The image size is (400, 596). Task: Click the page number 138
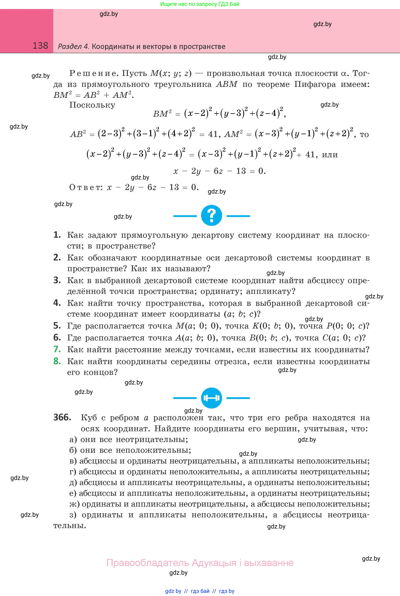click(40, 46)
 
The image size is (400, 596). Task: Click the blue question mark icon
click(211, 216)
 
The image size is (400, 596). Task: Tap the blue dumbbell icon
click(211, 398)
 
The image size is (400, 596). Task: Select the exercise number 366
click(62, 417)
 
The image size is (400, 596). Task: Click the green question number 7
click(57, 349)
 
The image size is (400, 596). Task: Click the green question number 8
click(57, 361)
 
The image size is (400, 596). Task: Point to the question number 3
click(57, 280)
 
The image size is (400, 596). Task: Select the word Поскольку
click(92, 105)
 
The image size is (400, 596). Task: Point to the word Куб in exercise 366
click(89, 418)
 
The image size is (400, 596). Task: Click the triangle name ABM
click(227, 84)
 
